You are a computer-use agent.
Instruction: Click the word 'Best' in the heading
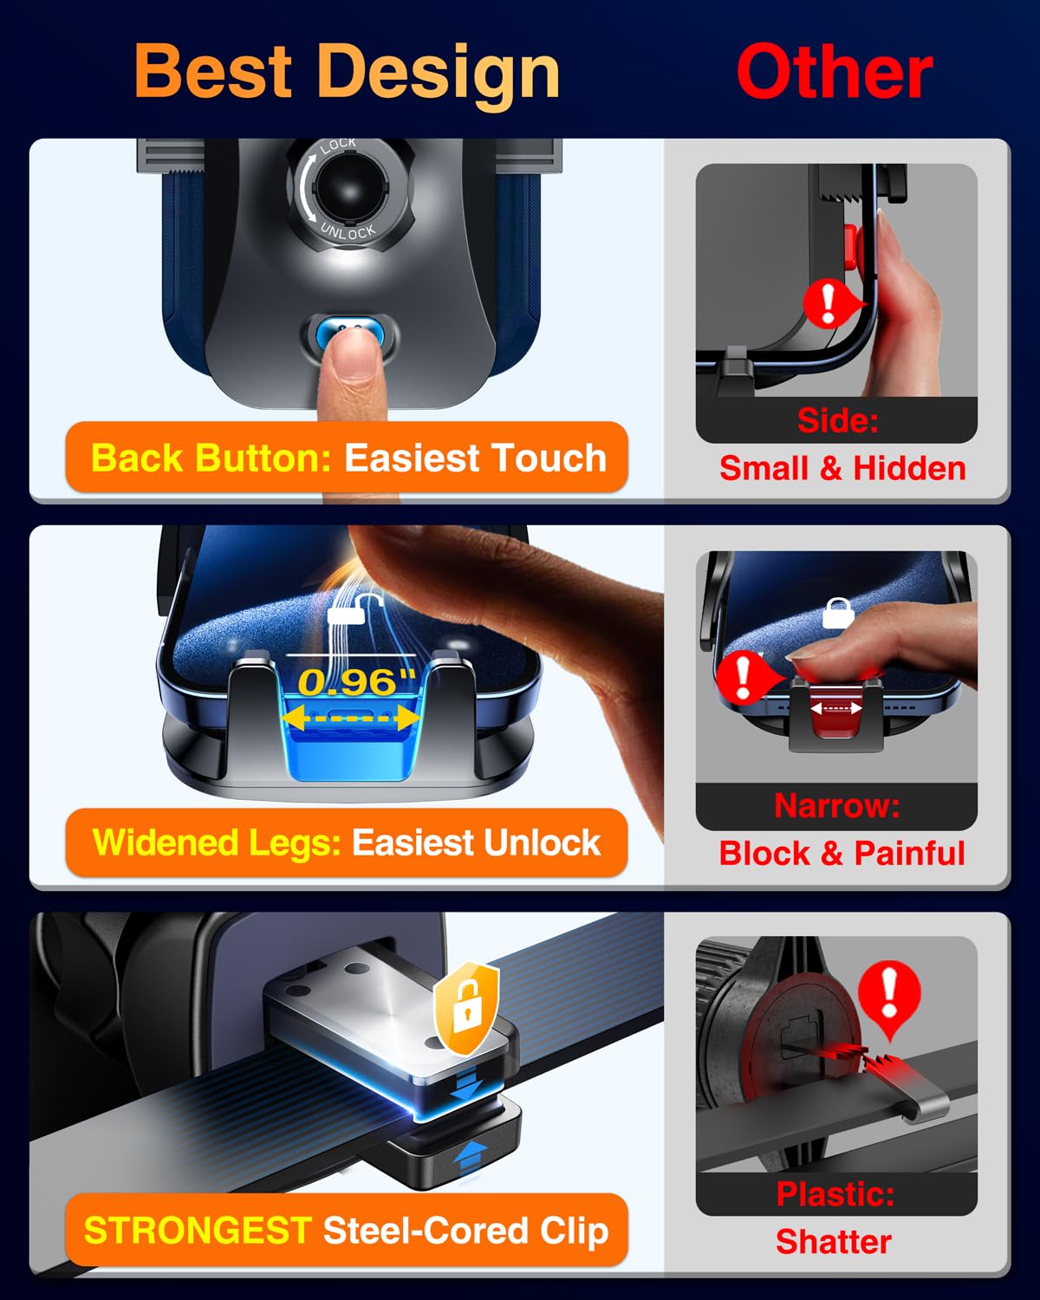point(213,71)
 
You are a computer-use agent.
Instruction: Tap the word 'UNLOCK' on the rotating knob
point(348,231)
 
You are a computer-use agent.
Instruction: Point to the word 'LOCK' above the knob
point(337,146)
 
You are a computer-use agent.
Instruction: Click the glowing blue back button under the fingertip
point(350,331)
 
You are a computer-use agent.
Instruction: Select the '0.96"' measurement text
point(357,681)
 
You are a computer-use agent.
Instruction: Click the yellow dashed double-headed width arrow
point(350,718)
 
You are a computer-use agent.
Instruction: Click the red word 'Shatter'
point(834,1241)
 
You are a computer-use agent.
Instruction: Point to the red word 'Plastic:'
point(835,1193)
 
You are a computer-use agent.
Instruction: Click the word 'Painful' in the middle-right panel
point(909,854)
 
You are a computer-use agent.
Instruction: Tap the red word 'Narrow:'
point(837,805)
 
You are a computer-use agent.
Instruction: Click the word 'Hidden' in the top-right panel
point(909,469)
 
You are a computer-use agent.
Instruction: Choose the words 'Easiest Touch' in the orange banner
point(476,458)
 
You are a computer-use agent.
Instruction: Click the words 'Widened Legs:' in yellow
point(217,842)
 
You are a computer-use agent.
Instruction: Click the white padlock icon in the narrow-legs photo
point(838,613)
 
